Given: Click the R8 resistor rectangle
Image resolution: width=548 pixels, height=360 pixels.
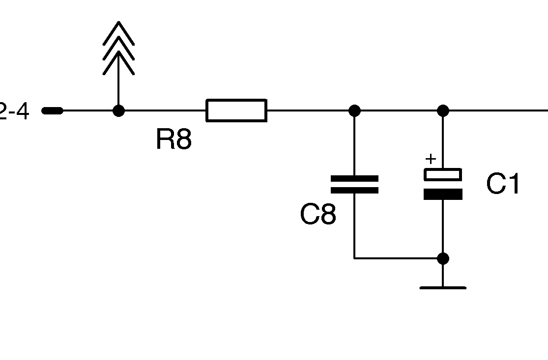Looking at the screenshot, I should coord(236,110).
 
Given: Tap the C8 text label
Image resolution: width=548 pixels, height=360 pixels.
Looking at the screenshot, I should coord(318,215).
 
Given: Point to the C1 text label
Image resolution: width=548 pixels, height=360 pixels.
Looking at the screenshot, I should coord(503,184).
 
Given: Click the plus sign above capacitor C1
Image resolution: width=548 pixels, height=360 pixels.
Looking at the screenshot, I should coord(431,159).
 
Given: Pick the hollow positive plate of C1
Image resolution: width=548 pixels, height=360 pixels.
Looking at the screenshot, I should coord(443,174).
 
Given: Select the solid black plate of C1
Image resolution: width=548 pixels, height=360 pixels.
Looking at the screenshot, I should coord(443,194).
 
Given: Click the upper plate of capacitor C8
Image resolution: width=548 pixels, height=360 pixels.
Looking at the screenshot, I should coord(354,179).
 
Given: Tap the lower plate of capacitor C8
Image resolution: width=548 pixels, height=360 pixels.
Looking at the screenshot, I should coord(354,190).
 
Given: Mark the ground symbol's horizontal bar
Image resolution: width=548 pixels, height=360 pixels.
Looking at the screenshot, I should coord(443,288).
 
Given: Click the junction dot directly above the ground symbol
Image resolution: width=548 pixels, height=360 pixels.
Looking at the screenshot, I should coord(443,258).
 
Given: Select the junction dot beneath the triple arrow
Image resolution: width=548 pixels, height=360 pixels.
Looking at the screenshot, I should coord(118,111).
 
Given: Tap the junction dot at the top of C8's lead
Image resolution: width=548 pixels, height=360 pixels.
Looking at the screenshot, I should coord(354,111).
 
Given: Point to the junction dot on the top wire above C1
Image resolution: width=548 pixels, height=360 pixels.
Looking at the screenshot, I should coord(443,111).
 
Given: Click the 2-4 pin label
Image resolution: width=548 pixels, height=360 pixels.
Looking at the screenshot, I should coord(15,111).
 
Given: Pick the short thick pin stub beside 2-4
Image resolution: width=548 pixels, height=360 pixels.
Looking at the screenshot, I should coord(53,111).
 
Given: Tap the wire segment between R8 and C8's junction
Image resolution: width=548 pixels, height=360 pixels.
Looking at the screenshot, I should coord(310,111).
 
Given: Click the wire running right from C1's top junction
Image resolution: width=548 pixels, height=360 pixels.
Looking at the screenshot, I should coord(496,111).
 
